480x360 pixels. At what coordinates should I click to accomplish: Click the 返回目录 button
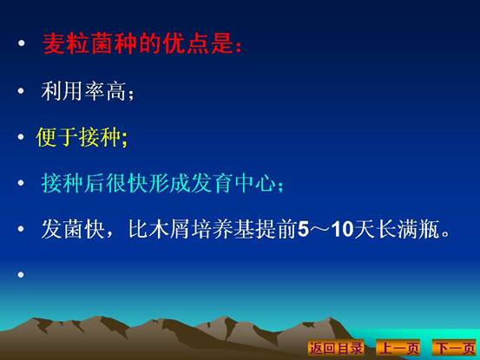click(336, 348)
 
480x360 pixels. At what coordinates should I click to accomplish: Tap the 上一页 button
click(398, 348)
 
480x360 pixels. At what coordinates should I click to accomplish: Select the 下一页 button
click(455, 348)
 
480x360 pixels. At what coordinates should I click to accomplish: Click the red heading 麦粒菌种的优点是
click(138, 43)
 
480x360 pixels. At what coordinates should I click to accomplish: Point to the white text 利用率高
click(83, 91)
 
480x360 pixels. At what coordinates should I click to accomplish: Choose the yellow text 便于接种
click(78, 137)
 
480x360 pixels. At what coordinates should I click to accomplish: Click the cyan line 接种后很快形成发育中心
click(158, 183)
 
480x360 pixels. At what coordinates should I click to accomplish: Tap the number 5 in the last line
click(304, 229)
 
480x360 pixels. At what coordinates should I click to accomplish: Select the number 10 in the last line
click(343, 229)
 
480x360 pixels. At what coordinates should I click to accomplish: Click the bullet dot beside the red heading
click(22, 43)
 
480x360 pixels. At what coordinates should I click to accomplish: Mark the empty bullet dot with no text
click(21, 275)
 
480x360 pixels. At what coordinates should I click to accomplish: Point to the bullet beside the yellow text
click(21, 137)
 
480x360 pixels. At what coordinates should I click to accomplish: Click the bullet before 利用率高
click(21, 90)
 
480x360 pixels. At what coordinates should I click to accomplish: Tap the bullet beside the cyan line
click(21, 183)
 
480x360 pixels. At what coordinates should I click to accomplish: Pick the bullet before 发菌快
click(21, 229)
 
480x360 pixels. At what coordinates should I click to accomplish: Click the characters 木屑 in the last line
click(169, 229)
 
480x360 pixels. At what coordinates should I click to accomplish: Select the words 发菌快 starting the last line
click(73, 229)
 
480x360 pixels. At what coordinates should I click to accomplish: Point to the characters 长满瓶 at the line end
click(410, 229)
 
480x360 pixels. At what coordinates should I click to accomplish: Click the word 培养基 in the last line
click(223, 229)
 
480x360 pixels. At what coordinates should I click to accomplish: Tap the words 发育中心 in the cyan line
click(233, 183)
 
